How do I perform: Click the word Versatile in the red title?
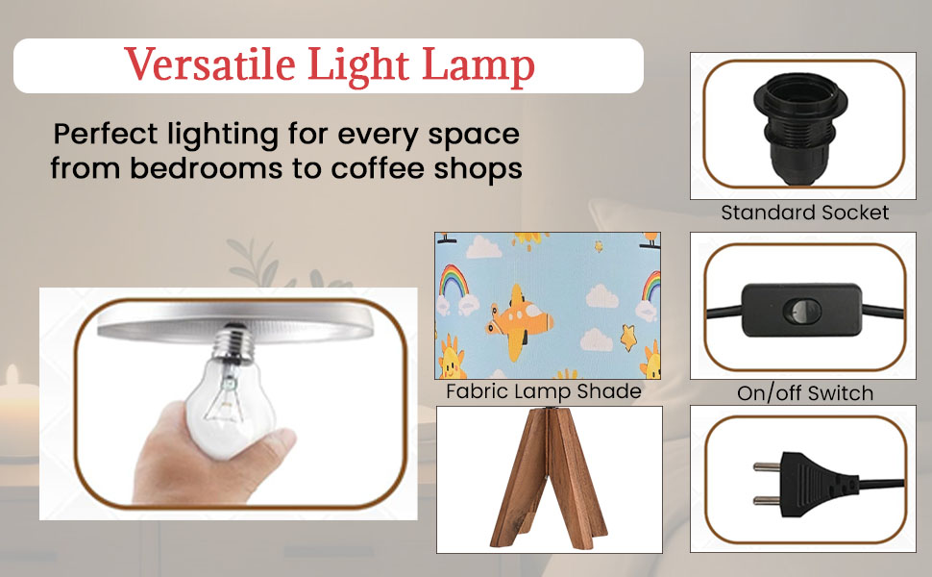pos(209,63)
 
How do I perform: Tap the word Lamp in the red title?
pos(478,66)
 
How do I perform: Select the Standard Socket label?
pos(805,213)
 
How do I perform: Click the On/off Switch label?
pos(805,392)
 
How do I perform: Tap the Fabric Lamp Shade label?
pos(543,391)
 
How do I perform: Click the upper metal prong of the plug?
pos(767,466)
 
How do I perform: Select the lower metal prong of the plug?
pos(767,500)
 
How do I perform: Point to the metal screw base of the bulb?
pos(233,344)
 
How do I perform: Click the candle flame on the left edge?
pos(11,375)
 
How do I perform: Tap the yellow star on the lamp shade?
pos(628,338)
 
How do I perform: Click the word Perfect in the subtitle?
pos(106,135)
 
